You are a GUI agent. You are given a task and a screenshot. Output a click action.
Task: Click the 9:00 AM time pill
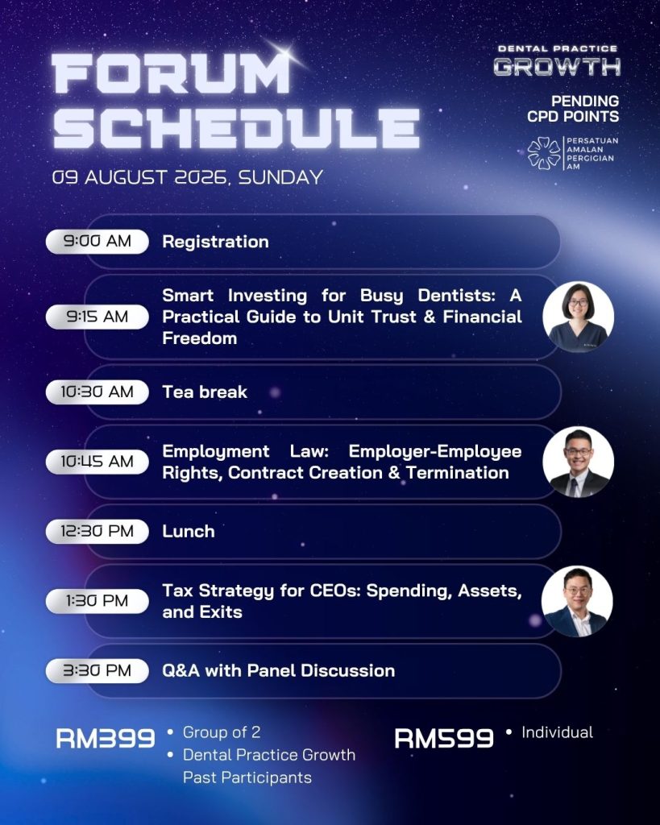(x=98, y=242)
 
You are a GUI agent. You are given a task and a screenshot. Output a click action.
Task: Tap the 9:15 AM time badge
(x=98, y=317)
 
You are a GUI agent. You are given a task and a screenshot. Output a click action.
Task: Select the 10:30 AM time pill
(x=98, y=392)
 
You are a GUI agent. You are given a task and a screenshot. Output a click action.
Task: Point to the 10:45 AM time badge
(x=98, y=462)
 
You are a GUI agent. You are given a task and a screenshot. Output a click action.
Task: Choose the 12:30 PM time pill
(x=98, y=531)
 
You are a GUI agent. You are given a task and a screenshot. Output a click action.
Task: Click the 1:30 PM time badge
(x=98, y=601)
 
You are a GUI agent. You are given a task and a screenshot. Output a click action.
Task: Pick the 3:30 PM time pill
(x=98, y=670)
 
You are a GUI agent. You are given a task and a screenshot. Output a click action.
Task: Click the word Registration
(x=215, y=242)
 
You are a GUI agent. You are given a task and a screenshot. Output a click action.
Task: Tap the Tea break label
(x=205, y=392)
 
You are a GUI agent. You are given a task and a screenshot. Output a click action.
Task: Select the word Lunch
(x=189, y=532)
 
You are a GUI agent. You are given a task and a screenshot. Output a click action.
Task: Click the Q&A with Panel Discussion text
(x=278, y=670)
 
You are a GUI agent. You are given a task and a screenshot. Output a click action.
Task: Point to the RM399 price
(x=106, y=738)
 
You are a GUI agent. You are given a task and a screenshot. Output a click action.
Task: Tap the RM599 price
(x=444, y=738)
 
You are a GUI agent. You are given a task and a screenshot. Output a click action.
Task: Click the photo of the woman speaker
(x=578, y=317)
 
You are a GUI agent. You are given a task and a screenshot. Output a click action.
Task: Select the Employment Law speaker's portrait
(x=578, y=462)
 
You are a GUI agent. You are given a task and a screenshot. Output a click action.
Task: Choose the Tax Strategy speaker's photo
(x=577, y=601)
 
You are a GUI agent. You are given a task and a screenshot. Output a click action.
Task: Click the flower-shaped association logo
(x=544, y=153)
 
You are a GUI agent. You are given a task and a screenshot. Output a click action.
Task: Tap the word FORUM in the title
(x=171, y=73)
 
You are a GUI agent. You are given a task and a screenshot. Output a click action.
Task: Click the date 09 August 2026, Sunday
(x=188, y=177)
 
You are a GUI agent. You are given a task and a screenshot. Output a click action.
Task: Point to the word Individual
(x=557, y=732)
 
